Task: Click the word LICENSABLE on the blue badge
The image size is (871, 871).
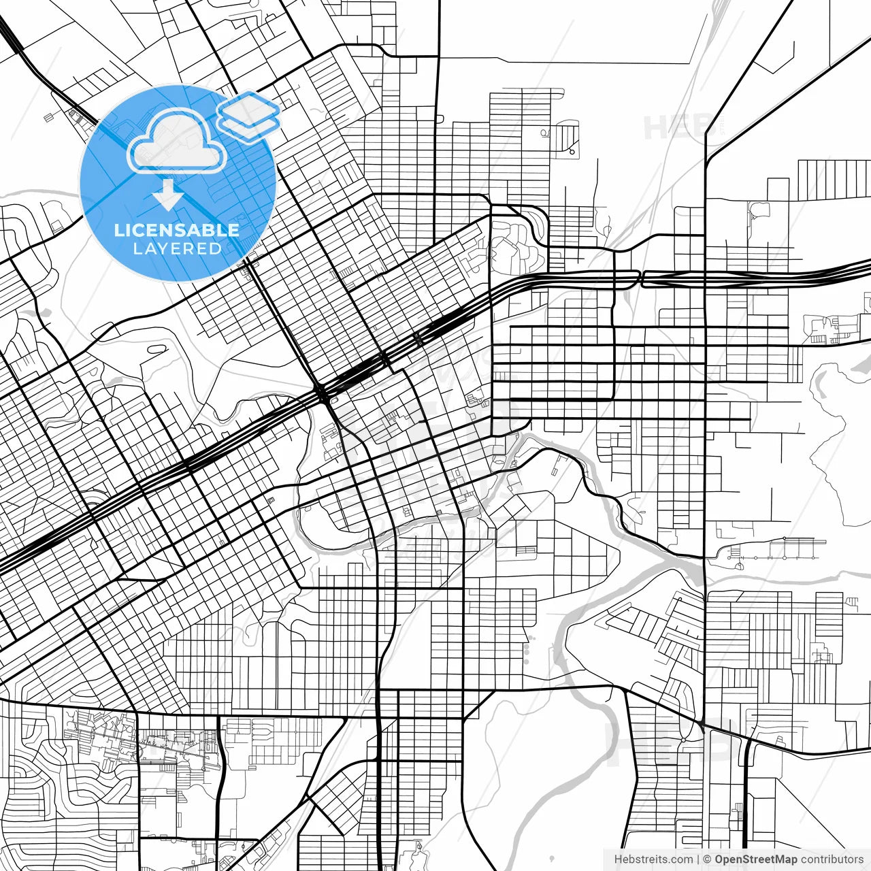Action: click(177, 230)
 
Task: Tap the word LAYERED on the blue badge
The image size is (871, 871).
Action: click(177, 248)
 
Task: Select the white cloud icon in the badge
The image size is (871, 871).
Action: click(177, 142)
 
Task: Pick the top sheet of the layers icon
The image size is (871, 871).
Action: click(248, 107)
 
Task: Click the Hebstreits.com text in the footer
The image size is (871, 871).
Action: click(653, 859)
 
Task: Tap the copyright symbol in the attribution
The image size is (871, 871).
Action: click(707, 859)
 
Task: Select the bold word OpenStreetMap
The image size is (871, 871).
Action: click(755, 859)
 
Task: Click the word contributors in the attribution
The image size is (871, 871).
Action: click(832, 859)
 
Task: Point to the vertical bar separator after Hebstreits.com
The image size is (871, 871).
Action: click(698, 859)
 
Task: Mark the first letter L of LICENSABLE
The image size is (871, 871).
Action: click(118, 230)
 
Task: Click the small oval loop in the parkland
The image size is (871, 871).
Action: click(156, 348)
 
